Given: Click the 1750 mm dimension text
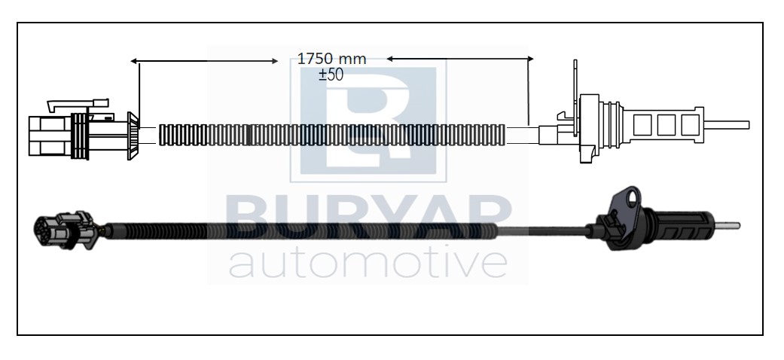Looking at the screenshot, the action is (331, 59).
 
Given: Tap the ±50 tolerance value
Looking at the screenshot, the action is (331, 75).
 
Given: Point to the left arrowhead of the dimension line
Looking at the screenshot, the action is (133, 61).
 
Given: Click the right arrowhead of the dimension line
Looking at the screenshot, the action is (530, 59).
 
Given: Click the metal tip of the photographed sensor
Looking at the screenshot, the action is (727, 225).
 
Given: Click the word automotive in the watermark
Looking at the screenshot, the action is (368, 263).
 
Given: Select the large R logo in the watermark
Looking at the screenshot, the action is (368, 120).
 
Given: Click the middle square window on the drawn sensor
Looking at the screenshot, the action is (666, 125).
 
